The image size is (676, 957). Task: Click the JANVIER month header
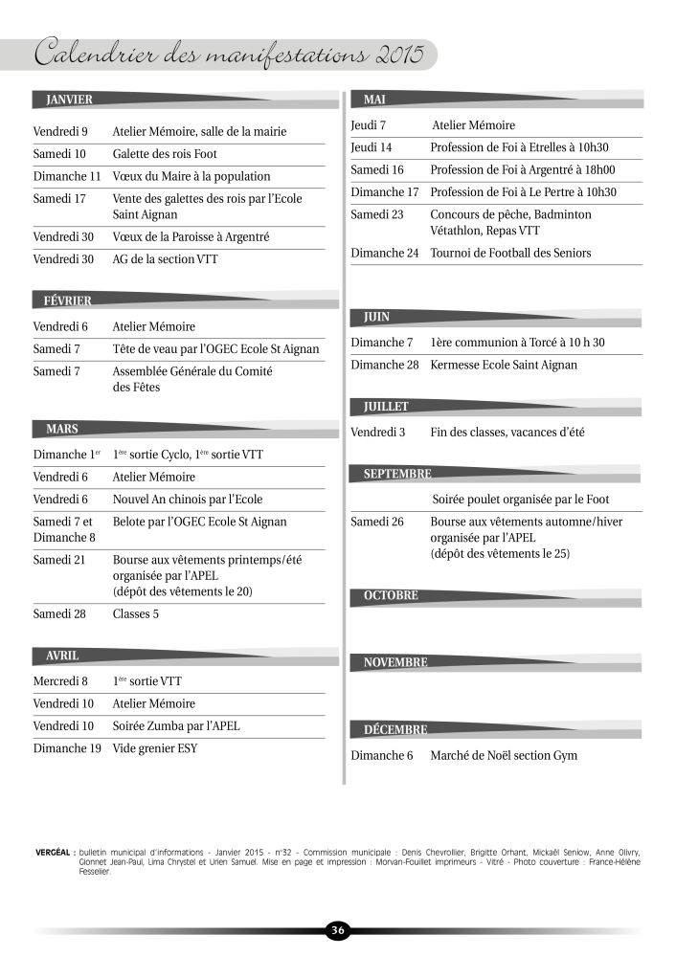[63, 99]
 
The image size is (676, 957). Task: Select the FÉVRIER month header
[67, 300]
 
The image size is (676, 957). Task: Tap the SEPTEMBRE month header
[396, 474]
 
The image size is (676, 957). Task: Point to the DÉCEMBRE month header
[395, 730]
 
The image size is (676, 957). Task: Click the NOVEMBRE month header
[395, 662]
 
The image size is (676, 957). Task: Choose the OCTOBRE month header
[391, 595]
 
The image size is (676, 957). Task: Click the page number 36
[338, 930]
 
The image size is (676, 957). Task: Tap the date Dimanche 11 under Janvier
[67, 177]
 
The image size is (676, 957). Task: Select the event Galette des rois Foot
[165, 154]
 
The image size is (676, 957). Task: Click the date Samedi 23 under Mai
[377, 214]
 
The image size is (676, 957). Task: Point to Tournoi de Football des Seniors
[510, 254]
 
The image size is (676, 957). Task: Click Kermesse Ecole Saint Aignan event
[504, 366]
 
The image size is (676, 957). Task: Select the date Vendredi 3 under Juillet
[377, 433]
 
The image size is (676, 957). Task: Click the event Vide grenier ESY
[155, 748]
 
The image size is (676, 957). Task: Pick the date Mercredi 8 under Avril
[60, 681]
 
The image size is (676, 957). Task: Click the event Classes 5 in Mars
[136, 613]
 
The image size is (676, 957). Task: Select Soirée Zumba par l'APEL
[176, 726]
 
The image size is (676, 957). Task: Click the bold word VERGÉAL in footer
[54, 851]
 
